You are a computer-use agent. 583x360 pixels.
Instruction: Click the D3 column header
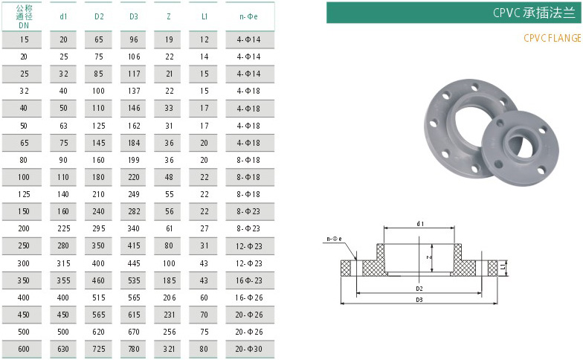[x=134, y=16]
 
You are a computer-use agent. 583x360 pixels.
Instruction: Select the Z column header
[x=169, y=16]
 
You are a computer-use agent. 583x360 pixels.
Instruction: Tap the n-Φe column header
[x=248, y=16]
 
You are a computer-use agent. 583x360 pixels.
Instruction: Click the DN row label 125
[x=24, y=194]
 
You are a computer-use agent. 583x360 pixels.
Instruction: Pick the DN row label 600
[x=24, y=349]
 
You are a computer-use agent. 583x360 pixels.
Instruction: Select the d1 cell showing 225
[x=64, y=228]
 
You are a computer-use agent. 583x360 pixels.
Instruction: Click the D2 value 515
[x=98, y=298]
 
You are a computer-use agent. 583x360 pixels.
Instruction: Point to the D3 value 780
[x=134, y=349]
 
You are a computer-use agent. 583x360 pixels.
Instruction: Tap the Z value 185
[x=170, y=280]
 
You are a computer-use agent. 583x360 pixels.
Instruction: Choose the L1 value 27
[x=204, y=228]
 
